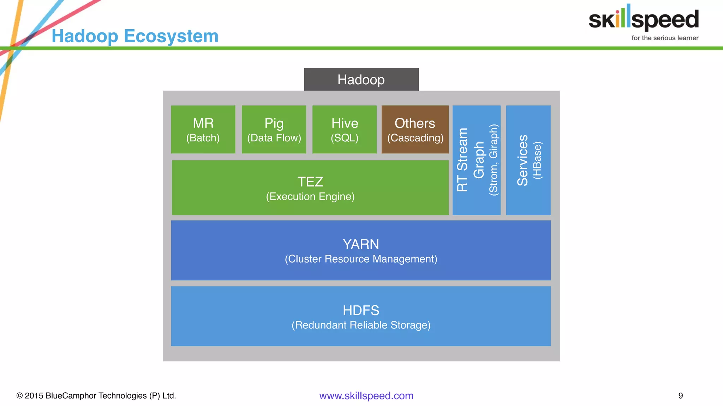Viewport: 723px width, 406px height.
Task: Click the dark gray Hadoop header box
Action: [361, 80]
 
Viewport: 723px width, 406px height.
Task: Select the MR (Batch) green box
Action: [203, 129]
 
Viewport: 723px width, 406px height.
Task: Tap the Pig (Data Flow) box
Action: [274, 129]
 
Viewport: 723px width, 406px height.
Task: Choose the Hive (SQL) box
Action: [345, 129]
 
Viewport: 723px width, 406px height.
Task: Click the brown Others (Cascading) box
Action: [415, 129]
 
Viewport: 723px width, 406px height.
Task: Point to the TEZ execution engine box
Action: [310, 188]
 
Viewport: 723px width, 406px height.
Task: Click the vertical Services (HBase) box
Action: [528, 160]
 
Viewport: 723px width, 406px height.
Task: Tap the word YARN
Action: [361, 244]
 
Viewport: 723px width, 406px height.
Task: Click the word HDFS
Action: [361, 310]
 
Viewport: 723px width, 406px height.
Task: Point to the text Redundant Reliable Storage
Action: [361, 325]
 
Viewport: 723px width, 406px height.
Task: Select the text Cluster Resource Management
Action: [361, 259]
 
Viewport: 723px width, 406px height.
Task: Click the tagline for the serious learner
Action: [665, 38]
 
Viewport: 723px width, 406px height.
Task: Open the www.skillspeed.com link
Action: [366, 396]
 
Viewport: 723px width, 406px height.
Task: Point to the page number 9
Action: [680, 396]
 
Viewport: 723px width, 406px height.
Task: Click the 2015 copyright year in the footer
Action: [34, 396]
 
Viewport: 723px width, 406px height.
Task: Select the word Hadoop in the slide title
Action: [85, 36]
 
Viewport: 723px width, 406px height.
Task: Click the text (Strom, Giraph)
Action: [494, 160]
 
